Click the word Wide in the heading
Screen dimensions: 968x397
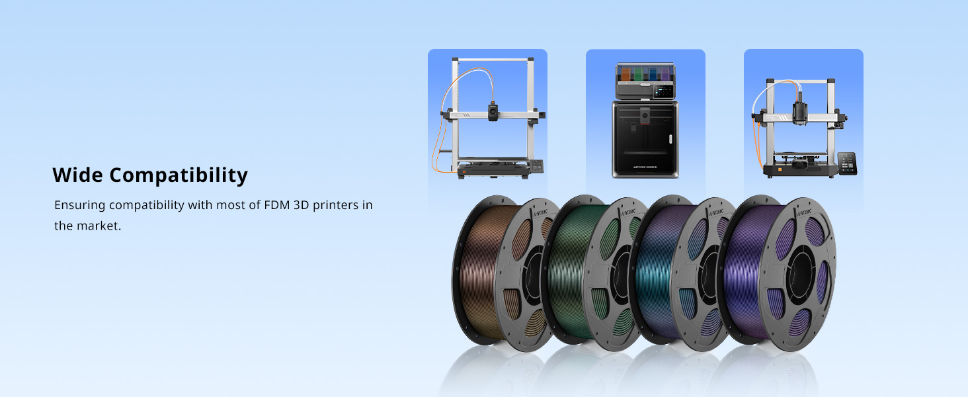click(x=78, y=175)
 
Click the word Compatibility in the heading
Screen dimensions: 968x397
click(x=179, y=176)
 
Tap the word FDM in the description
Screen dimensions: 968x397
click(x=277, y=204)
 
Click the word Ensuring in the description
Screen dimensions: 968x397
click(x=80, y=205)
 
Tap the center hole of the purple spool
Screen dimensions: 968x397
click(x=801, y=273)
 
